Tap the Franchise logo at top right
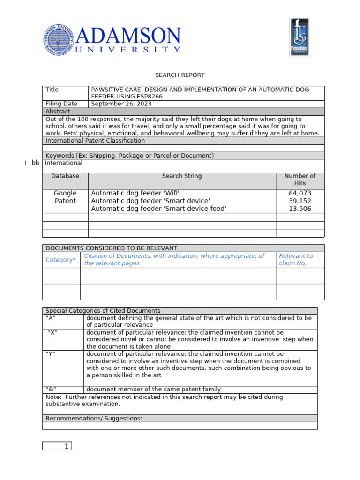pos(300,37)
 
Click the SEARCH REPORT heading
pos(180,75)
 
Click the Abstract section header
pos(58,112)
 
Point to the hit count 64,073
pos(300,193)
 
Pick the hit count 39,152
pos(300,201)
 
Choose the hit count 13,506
pos(300,209)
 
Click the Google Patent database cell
pos(65,197)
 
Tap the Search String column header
pos(182,176)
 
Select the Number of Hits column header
pos(300,180)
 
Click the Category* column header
pos(60,260)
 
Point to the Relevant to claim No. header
pos(296,260)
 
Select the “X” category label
pos(52,332)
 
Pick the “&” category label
pos(51,390)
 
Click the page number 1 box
pos(57,446)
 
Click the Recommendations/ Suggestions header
pos(94,419)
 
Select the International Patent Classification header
pos(95,141)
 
